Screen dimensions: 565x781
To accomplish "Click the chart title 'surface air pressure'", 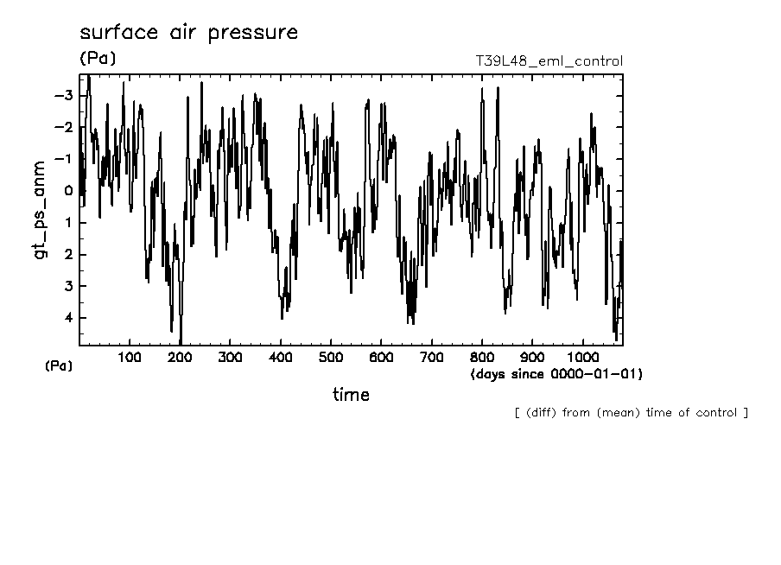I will tap(188, 34).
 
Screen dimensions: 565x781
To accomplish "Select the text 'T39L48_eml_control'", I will tap(549, 61).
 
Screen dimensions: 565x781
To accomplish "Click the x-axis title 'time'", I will tap(351, 395).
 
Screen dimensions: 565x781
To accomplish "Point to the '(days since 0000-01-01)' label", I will tap(556, 374).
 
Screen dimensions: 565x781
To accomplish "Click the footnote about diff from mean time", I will tap(631, 412).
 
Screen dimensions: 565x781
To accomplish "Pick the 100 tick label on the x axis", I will tap(130, 358).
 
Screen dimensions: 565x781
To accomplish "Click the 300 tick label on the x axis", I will tap(230, 358).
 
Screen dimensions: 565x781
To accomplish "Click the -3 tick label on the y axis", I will tap(62, 95).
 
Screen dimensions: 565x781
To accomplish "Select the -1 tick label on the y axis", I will tap(62, 159).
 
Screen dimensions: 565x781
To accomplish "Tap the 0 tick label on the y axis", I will tap(67, 191).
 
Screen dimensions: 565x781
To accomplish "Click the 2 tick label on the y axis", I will tap(67, 254).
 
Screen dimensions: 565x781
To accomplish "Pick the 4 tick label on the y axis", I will tap(67, 318).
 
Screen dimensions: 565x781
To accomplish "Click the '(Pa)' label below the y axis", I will tap(59, 365).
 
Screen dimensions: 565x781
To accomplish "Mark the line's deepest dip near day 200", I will tap(180, 343).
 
